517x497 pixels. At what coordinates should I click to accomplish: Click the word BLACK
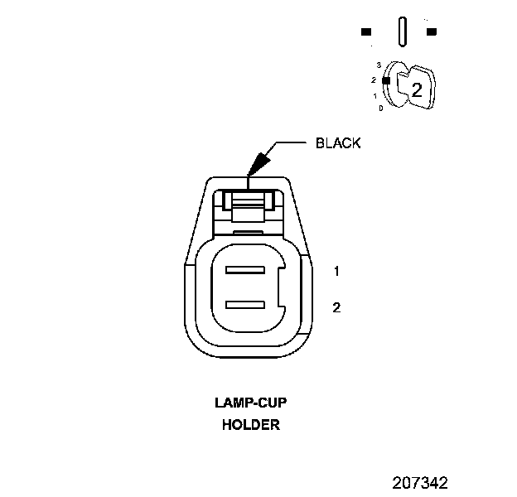[338, 143]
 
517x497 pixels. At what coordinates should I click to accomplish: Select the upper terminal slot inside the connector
[244, 271]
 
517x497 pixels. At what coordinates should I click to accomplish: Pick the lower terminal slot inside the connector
[244, 304]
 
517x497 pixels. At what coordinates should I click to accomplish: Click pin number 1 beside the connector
[336, 271]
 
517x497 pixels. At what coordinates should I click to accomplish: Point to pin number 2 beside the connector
[336, 307]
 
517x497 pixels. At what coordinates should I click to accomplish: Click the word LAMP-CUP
[250, 404]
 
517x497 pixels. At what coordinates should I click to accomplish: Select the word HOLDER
[250, 426]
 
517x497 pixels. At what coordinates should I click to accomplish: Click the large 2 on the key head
[417, 91]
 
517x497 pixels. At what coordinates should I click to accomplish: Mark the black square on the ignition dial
[385, 80]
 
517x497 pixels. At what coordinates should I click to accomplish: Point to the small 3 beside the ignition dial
[378, 64]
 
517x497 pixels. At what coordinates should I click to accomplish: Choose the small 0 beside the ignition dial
[380, 108]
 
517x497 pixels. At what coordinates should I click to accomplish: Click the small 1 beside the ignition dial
[375, 96]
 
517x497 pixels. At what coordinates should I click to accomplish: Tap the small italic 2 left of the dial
[374, 80]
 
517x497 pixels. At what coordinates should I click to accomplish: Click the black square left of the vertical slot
[365, 32]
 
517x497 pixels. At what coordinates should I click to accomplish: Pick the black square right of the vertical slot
[431, 32]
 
